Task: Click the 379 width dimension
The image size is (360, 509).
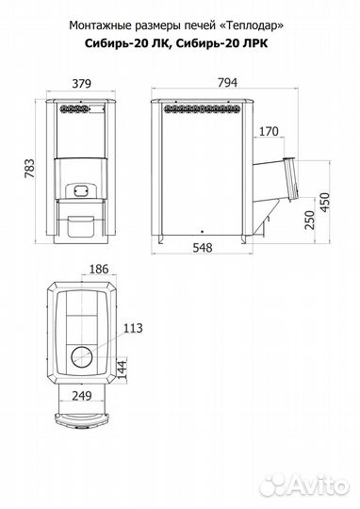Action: (x=81, y=84)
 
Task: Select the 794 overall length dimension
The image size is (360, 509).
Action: (x=227, y=82)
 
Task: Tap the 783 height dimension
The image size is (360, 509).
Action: (x=29, y=168)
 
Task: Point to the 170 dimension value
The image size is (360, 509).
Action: (x=269, y=131)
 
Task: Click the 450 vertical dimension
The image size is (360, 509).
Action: (x=324, y=202)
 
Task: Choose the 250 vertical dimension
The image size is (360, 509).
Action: (x=310, y=220)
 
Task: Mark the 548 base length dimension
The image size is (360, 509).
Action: (x=203, y=248)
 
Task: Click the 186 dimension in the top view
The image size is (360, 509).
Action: (x=99, y=269)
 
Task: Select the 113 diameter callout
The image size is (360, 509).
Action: (x=133, y=328)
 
